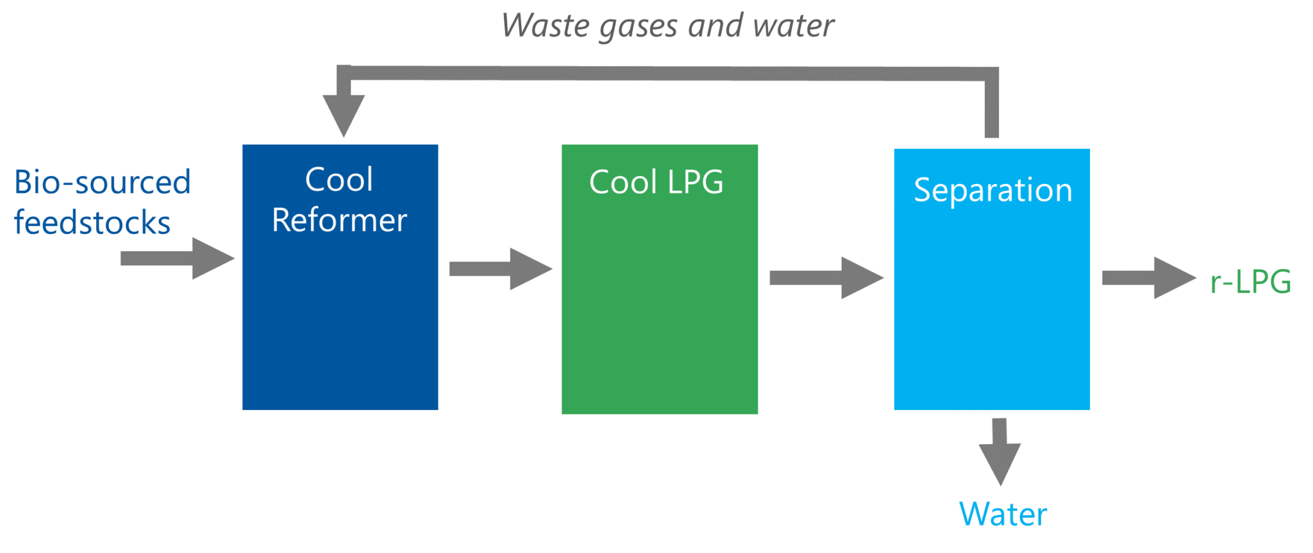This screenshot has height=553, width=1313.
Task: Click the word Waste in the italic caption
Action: point(545,26)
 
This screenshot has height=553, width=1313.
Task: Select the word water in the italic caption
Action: point(794,26)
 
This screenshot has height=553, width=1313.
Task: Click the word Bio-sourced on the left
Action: point(103,182)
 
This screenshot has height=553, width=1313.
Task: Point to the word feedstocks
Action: point(92,222)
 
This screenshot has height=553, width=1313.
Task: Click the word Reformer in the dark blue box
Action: point(339,220)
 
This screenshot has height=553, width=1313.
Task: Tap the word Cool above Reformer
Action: point(339,179)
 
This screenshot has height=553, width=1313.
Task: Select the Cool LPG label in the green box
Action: point(656,182)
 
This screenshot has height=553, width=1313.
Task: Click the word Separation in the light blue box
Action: point(992,190)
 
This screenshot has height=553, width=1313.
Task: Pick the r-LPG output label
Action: point(1250,282)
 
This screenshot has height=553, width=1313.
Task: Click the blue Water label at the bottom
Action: point(1003,514)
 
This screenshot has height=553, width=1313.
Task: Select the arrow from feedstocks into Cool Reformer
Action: point(176,258)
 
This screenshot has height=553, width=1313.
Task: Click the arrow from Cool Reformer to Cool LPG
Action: point(499,268)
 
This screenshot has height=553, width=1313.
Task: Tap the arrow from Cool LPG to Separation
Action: point(826,277)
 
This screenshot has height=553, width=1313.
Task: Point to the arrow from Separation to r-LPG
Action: point(1148,277)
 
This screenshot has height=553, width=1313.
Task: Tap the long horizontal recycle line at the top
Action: point(667,73)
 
